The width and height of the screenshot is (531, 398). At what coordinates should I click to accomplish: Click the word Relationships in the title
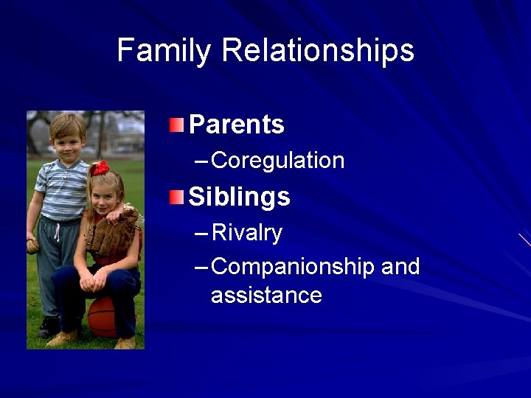[x=318, y=52]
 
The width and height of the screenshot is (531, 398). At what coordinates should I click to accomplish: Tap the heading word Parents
[x=236, y=125]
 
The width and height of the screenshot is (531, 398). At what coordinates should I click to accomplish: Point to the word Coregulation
[x=277, y=161]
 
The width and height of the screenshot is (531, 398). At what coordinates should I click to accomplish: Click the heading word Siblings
[x=239, y=197]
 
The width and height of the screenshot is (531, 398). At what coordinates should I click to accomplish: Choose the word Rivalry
[x=246, y=233]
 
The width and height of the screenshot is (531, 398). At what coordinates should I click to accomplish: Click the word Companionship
[x=293, y=267]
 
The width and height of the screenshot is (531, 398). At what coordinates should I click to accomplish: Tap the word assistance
[x=266, y=296]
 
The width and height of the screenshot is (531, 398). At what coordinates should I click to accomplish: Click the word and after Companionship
[x=400, y=266]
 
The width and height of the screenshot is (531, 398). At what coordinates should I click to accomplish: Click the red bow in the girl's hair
[x=100, y=167]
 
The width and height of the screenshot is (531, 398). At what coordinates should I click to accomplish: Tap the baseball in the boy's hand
[x=32, y=248]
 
